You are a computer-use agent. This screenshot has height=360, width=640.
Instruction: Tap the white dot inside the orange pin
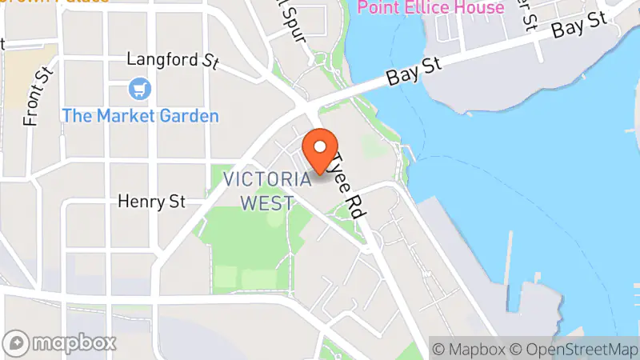point(322,146)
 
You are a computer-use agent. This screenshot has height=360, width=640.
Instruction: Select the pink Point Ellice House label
point(430,8)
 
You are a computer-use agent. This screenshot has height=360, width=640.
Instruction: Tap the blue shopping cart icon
point(141,87)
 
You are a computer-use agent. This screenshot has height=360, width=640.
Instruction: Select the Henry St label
point(151,202)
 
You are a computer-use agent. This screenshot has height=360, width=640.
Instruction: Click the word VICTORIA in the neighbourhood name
point(267,179)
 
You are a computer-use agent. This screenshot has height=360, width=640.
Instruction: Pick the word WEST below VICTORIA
point(267,203)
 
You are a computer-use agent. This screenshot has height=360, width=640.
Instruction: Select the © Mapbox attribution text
point(470,349)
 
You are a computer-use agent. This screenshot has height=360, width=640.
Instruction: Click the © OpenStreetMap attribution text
point(572,349)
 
